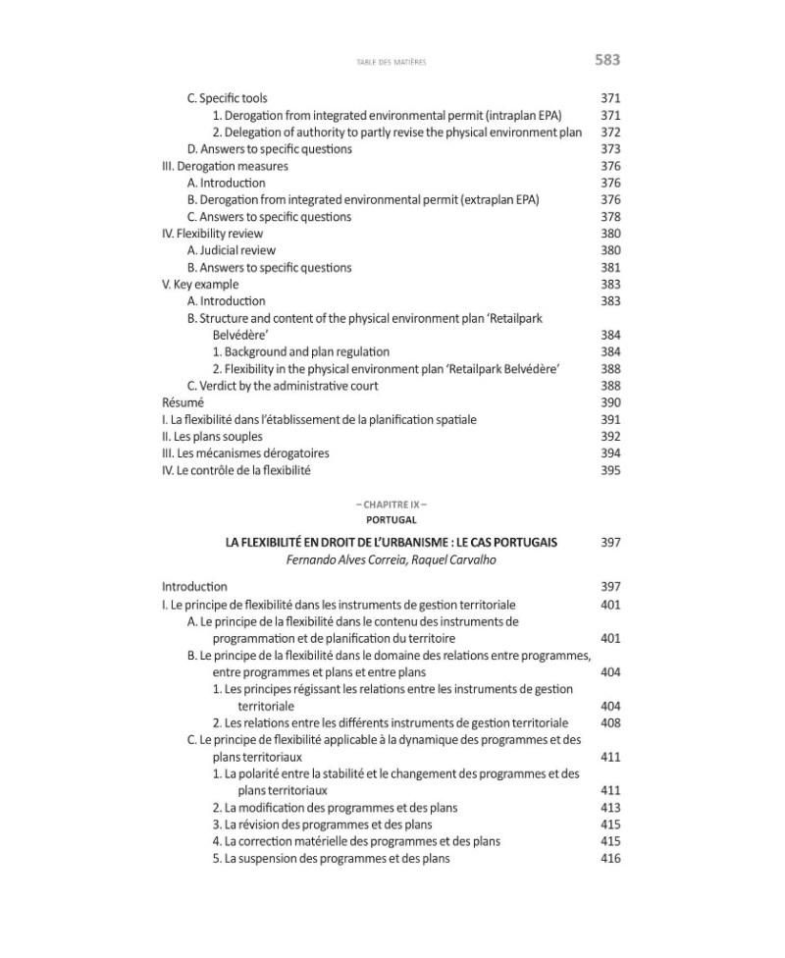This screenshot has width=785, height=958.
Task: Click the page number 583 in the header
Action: (x=607, y=60)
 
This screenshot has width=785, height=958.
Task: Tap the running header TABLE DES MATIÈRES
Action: (x=392, y=62)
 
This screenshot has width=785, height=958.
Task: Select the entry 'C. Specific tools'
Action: (x=227, y=99)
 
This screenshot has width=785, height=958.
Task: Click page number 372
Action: (x=609, y=133)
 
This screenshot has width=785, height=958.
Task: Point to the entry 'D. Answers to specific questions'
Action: (x=269, y=149)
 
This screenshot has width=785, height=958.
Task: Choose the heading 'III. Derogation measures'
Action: (x=225, y=167)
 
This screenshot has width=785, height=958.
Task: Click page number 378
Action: (x=609, y=217)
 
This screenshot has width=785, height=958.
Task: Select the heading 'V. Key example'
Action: (x=199, y=285)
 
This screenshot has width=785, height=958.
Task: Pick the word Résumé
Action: (x=183, y=402)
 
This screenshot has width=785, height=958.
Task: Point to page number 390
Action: (x=609, y=402)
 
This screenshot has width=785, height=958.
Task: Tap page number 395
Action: (x=609, y=470)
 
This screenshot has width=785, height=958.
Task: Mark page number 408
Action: (x=609, y=723)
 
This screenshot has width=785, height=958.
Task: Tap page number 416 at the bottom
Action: (x=609, y=859)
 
